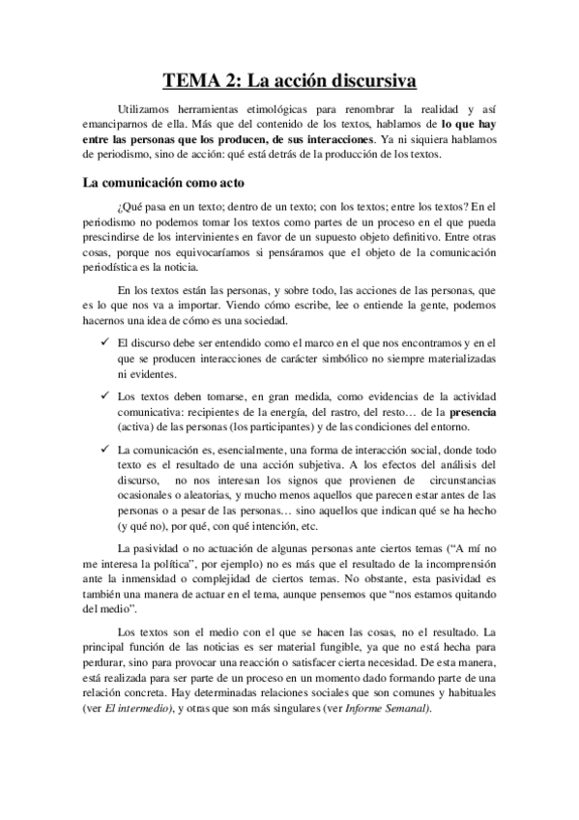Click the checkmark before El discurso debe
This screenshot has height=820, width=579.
[104, 342]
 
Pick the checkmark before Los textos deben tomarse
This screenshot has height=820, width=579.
[104, 395]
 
